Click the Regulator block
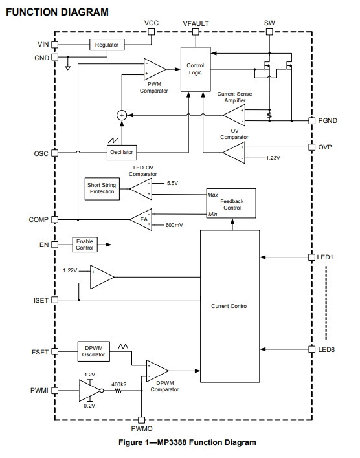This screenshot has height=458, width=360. coord(107,45)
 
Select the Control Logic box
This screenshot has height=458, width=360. coord(196,69)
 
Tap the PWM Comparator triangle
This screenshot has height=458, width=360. coord(155,69)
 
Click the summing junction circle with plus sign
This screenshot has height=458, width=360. coord(122,115)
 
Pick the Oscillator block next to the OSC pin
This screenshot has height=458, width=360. coord(122,152)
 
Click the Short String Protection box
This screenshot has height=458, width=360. coord(102,189)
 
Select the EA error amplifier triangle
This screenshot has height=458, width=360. coord(141,219)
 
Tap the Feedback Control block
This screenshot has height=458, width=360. coord(231,203)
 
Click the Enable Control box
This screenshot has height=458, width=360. coord(85,245)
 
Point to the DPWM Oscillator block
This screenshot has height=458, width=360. coord(94,351)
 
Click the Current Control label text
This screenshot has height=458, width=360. coord(229,306)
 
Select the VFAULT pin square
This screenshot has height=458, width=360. coord(196,32)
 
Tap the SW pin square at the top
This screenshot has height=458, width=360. coord(269,32)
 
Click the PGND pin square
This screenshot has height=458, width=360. coord(312,120)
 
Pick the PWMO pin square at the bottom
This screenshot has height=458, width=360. coord(142,420)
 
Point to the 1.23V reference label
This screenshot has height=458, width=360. coord(273,158)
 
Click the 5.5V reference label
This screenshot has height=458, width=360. coord(172,183)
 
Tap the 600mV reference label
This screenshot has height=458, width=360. coord(174,225)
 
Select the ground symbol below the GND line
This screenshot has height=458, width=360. coord(68,68)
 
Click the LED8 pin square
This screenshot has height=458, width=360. coord(312,349)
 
